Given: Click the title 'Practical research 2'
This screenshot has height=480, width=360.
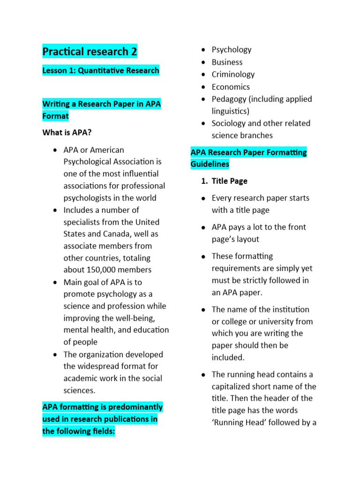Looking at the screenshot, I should [90, 52].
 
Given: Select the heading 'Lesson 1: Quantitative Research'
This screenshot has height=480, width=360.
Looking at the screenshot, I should [101, 71].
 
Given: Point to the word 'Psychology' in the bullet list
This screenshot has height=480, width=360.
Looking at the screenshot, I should [232, 50].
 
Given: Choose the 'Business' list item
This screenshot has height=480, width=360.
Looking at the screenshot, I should [227, 62].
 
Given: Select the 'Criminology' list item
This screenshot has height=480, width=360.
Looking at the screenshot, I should [233, 75].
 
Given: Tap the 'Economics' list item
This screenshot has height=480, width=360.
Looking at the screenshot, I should [231, 87].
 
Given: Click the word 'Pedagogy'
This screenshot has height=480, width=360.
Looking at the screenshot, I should [229, 99].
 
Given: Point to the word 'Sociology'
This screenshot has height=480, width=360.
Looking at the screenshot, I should [229, 123].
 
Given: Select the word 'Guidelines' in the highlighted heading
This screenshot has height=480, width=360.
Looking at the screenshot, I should [210, 164].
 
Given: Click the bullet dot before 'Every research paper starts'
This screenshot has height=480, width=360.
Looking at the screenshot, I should [203, 199].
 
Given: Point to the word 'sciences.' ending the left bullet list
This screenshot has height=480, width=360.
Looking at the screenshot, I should [79, 390].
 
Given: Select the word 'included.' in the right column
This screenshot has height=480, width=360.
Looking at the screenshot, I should [228, 358].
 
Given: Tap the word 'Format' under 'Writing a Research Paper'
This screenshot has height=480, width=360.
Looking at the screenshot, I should [55, 116].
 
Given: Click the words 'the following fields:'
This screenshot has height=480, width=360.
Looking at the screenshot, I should [78, 431].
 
